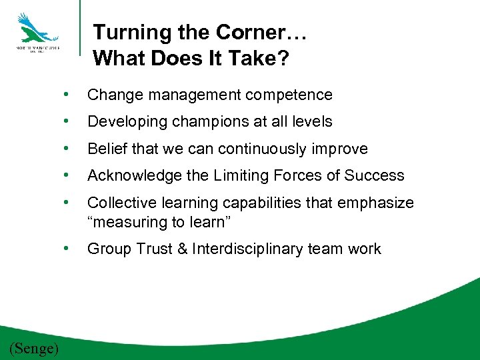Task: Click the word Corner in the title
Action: click(246, 33)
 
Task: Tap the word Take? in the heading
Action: click(259, 59)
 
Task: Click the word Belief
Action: click(107, 149)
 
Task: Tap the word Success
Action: click(375, 175)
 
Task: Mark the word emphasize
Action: click(379, 203)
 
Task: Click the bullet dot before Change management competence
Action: click(66, 95)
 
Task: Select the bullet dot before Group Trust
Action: click(66, 249)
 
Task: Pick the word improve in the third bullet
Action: click(343, 149)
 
